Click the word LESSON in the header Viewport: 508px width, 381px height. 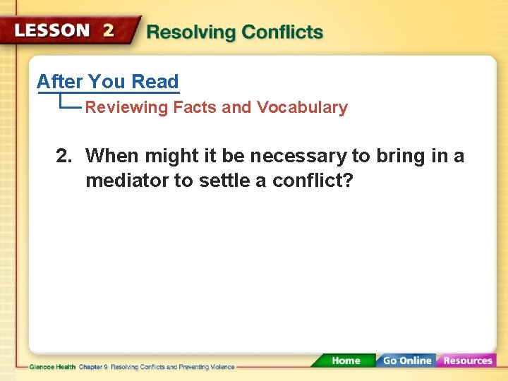point(54,30)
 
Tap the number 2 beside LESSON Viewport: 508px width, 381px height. point(109,30)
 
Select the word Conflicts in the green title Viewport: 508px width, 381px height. point(282,32)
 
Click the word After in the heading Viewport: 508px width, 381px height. point(60,82)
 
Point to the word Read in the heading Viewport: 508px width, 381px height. point(155,82)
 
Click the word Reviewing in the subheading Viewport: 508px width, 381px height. point(127,108)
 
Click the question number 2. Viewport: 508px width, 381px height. point(64,156)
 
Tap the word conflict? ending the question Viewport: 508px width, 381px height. point(313,181)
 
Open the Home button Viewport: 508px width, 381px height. point(345,361)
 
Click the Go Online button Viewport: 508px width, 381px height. point(406,361)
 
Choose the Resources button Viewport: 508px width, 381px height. point(467,361)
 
